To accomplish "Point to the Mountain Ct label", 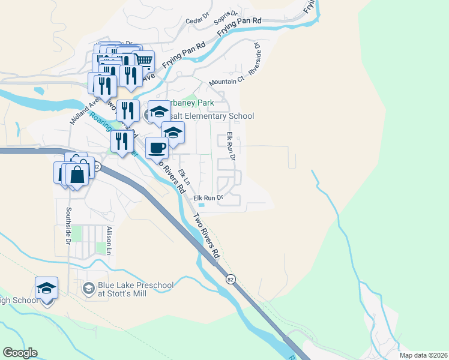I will (227, 80).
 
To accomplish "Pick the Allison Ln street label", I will (109, 241).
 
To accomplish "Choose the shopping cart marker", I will (143, 61).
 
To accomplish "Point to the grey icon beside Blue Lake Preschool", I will (88, 289).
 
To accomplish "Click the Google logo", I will (20, 353).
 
